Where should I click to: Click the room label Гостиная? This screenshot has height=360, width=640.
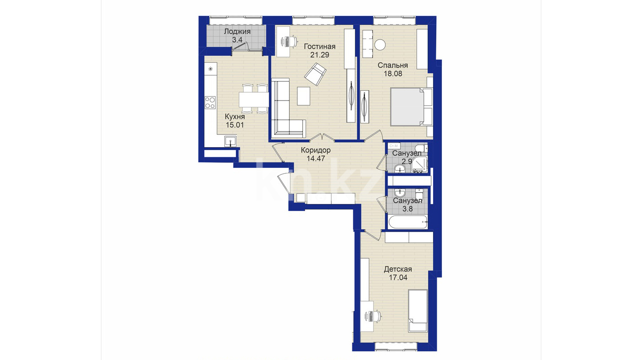coord(319,46)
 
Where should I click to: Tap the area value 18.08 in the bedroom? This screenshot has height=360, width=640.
coord(393,74)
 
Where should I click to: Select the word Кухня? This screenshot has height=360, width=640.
coord(234,117)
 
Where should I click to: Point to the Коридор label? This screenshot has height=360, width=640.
coord(316,150)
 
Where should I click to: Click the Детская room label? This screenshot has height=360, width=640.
coord(398,269)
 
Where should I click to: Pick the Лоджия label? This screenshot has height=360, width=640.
coord(237,32)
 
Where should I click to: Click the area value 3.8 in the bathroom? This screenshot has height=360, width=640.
coord(407,209)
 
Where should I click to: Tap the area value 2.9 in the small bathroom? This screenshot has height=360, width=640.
coord(407,161)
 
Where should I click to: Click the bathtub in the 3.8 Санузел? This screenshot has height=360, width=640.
coord(408,222)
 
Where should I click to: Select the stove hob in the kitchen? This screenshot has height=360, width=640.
coord(210,103)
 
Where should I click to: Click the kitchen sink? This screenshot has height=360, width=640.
coord(231,141)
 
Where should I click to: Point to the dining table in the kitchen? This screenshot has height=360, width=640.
coord(254,99)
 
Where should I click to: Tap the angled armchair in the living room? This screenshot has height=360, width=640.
coord(315,74)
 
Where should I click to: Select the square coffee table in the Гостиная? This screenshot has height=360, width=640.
coord(303,96)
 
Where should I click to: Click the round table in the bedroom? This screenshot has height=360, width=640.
coord(380,45)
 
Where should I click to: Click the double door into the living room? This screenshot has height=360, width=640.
coord(322,137)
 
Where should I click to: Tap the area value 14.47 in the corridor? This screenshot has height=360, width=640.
coord(316,158)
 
